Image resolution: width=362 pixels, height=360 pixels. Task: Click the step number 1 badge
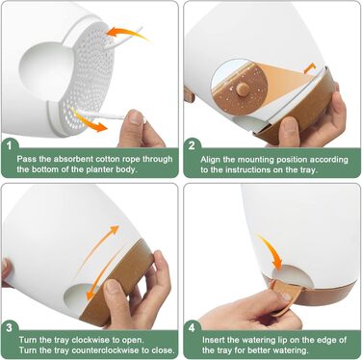coord(10,145)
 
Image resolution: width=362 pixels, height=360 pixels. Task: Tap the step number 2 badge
coord(192,145)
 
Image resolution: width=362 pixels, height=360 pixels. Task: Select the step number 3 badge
coord(10,327)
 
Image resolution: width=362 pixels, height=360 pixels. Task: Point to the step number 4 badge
coord(192,327)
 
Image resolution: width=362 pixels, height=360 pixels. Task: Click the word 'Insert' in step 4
coord(214,340)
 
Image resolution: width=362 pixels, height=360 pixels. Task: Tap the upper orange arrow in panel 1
coord(127,33)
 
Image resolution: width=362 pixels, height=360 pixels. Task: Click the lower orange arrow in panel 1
coord(89,121)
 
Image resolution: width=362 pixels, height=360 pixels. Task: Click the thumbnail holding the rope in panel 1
coord(136,117)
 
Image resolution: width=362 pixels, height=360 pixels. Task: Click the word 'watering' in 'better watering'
coord(287,350)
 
